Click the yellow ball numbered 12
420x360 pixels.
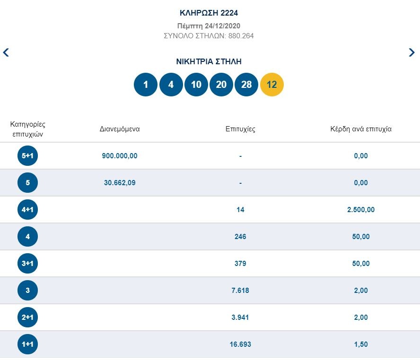[272, 85]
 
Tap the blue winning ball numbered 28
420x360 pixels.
[246, 85]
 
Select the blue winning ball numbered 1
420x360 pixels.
[146, 85]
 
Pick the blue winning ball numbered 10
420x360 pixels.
[196, 85]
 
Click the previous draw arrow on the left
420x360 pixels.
[6, 52]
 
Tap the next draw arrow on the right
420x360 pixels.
[411, 52]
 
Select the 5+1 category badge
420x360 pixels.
[27, 156]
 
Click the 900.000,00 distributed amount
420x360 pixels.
[120, 156]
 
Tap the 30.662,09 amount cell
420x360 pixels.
[120, 183]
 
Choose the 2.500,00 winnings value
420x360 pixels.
[360, 210]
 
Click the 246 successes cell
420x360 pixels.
[240, 237]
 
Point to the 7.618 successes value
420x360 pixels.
[240, 291]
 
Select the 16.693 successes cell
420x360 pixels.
[240, 344]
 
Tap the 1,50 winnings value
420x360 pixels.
[360, 344]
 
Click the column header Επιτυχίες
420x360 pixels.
[240, 129]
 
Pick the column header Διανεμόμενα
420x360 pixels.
[120, 129]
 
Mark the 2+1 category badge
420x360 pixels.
[27, 317]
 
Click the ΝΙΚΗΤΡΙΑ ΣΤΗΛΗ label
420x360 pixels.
[209, 62]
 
